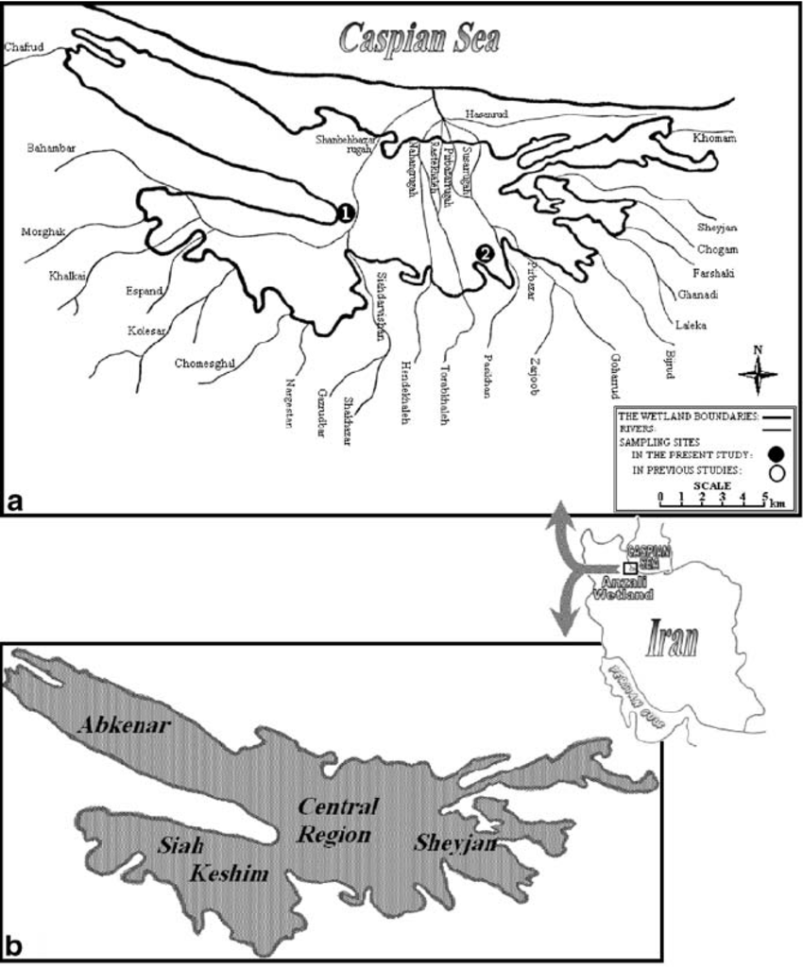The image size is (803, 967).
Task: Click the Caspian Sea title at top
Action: point(419,39)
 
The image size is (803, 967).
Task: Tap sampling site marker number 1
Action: point(346,213)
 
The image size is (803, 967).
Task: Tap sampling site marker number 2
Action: point(484,252)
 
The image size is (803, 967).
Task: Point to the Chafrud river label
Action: point(24,46)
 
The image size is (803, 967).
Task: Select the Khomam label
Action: point(714,139)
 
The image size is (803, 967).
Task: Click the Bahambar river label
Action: point(51,148)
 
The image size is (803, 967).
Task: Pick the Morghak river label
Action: point(44,231)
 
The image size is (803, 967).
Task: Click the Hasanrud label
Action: point(487,115)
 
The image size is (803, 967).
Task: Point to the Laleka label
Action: point(692,325)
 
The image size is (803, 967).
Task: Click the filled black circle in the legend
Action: point(777,455)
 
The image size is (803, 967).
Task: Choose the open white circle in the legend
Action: point(777,472)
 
